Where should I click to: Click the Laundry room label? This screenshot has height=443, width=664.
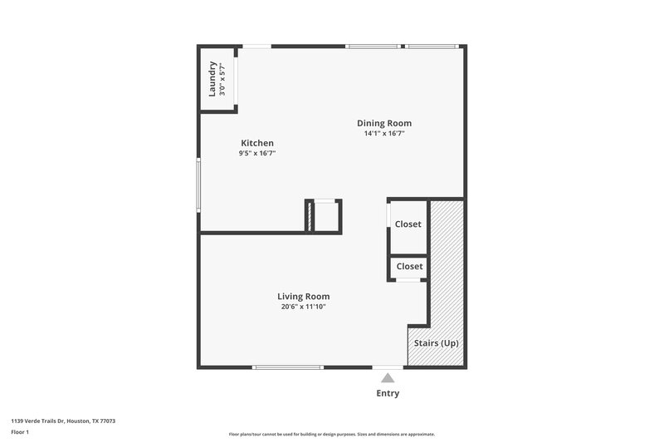212,78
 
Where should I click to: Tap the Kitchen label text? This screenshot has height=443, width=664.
257,143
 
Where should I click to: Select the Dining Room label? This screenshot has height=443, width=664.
384,123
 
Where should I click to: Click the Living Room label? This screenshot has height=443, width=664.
303,296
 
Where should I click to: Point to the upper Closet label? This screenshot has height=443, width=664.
408,224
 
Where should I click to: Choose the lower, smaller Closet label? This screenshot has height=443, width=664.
409,267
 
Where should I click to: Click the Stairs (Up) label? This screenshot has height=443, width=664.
436,343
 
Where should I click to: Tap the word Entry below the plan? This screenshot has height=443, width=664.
388,393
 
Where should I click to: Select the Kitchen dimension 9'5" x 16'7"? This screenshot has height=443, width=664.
257,153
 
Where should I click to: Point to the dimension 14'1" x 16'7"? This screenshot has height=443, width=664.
384,133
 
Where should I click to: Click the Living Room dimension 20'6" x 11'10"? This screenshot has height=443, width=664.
303,307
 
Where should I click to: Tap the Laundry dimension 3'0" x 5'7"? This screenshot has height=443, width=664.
223,78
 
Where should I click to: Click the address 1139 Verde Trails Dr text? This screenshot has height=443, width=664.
63,421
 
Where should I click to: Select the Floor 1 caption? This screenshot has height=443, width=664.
20,433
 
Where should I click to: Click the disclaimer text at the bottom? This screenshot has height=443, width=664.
331,434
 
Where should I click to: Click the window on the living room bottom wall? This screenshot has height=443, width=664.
288,367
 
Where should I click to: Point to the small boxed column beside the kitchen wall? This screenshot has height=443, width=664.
324,216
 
